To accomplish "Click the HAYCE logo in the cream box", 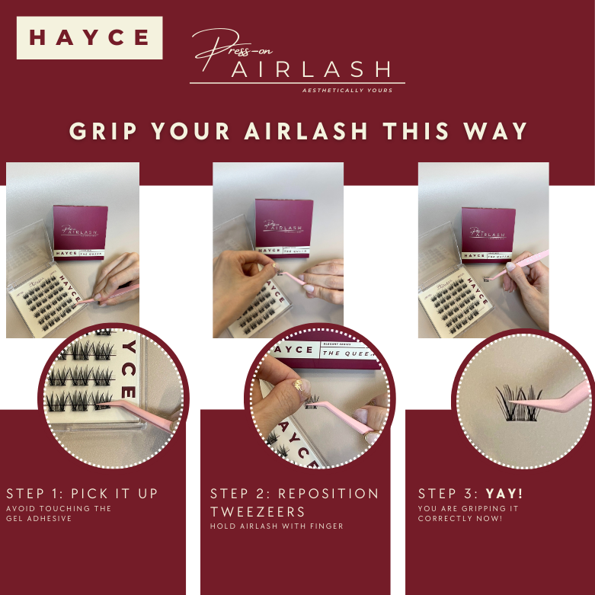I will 89,37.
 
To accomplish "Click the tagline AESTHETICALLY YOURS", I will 347,90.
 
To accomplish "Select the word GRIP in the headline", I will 103,130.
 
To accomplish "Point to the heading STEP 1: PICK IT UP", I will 82,494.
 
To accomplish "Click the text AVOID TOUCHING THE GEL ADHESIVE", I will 59,513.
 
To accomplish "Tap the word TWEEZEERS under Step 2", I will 259,511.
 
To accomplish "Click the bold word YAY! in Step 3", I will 504,494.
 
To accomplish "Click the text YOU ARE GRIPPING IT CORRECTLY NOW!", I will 459,513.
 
